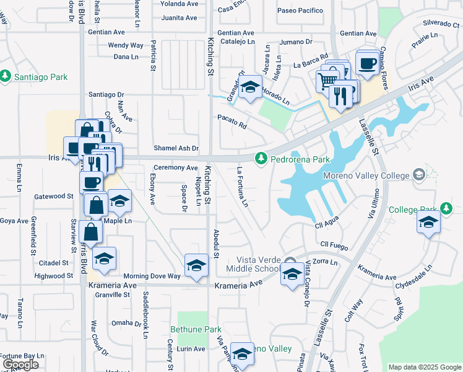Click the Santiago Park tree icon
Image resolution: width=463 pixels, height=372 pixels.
[x=6, y=76]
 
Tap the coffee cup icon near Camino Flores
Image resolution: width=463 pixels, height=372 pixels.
[x=368, y=63]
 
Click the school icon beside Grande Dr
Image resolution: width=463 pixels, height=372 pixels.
[x=251, y=88]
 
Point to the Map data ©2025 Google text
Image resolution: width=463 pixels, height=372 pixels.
[x=424, y=367]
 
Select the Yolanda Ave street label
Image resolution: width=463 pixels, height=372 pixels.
[x=178, y=3]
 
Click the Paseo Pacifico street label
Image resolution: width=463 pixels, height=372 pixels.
[x=300, y=11]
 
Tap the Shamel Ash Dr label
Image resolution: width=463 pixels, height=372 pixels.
[x=176, y=148]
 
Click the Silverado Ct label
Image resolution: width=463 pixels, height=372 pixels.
[x=439, y=23]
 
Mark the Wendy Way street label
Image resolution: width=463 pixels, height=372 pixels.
[x=126, y=45]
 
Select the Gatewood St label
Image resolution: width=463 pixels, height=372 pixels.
[x=54, y=196]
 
